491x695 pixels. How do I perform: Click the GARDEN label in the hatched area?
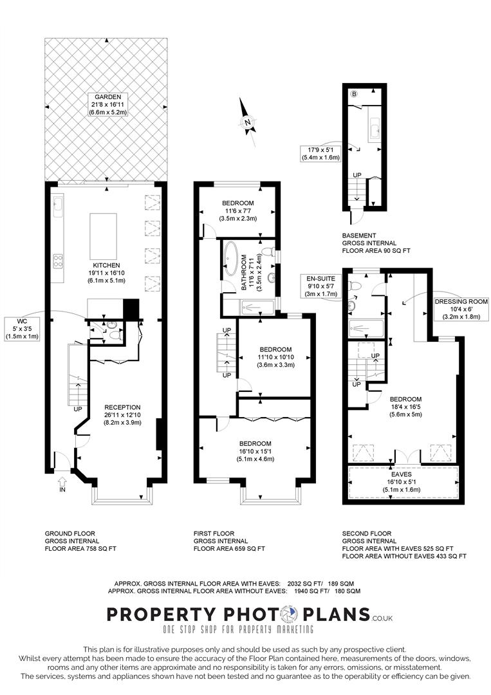click(x=108, y=97)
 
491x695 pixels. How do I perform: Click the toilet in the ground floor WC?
click(x=115, y=334)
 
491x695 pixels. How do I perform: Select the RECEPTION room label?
click(x=122, y=407)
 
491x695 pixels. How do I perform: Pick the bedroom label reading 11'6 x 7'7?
click(x=239, y=210)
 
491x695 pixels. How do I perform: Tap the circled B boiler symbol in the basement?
click(x=353, y=95)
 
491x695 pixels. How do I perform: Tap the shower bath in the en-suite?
click(x=365, y=328)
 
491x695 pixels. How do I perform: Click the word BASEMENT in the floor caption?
click(x=359, y=236)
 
